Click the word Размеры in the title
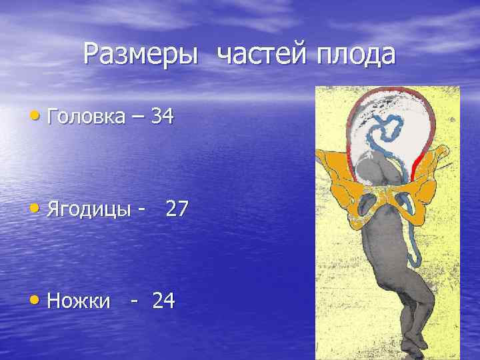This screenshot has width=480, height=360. click(141, 55)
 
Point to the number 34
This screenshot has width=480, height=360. click(163, 117)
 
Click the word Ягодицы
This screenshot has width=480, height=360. click(91, 209)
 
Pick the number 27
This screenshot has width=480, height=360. click(177, 209)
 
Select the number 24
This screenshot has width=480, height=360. click(163, 301)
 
